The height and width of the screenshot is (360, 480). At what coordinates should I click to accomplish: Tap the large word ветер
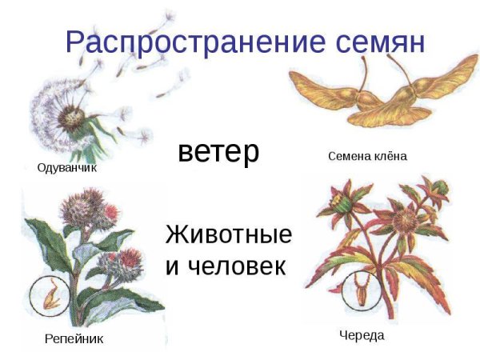coord(218,151)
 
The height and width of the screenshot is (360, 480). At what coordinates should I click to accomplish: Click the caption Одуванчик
coord(71,168)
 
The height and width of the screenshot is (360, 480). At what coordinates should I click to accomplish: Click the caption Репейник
coord(74,339)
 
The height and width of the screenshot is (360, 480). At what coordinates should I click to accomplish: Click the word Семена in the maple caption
coord(347,156)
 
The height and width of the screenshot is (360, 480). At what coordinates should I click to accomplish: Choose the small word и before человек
coord(173,266)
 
